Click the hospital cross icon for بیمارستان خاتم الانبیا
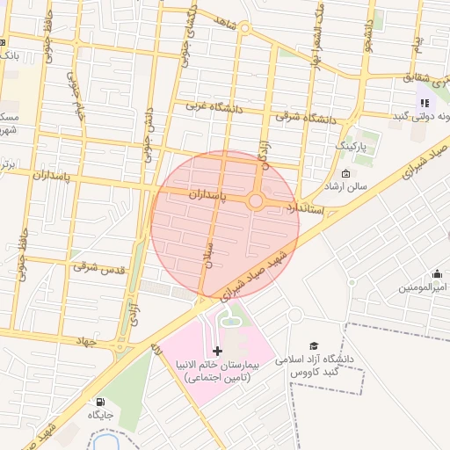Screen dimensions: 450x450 [218, 351]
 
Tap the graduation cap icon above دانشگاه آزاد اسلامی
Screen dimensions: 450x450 [314, 345]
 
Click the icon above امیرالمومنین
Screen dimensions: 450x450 [437, 274]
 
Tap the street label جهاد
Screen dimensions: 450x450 [108, 337]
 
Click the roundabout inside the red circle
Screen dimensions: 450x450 [256, 201]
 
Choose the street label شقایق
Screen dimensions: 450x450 [419, 78]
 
